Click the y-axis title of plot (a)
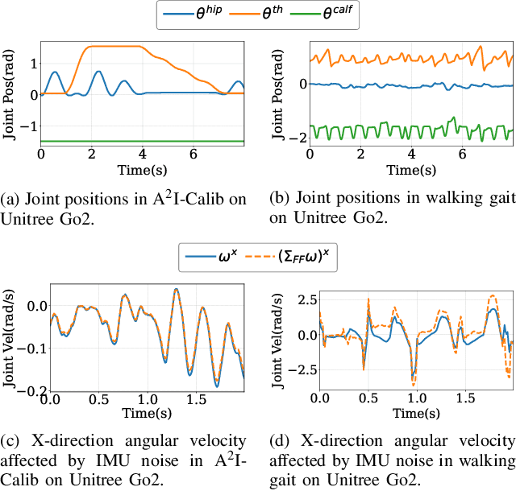click(x=11, y=94)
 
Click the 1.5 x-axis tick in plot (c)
click(x=195, y=399)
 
